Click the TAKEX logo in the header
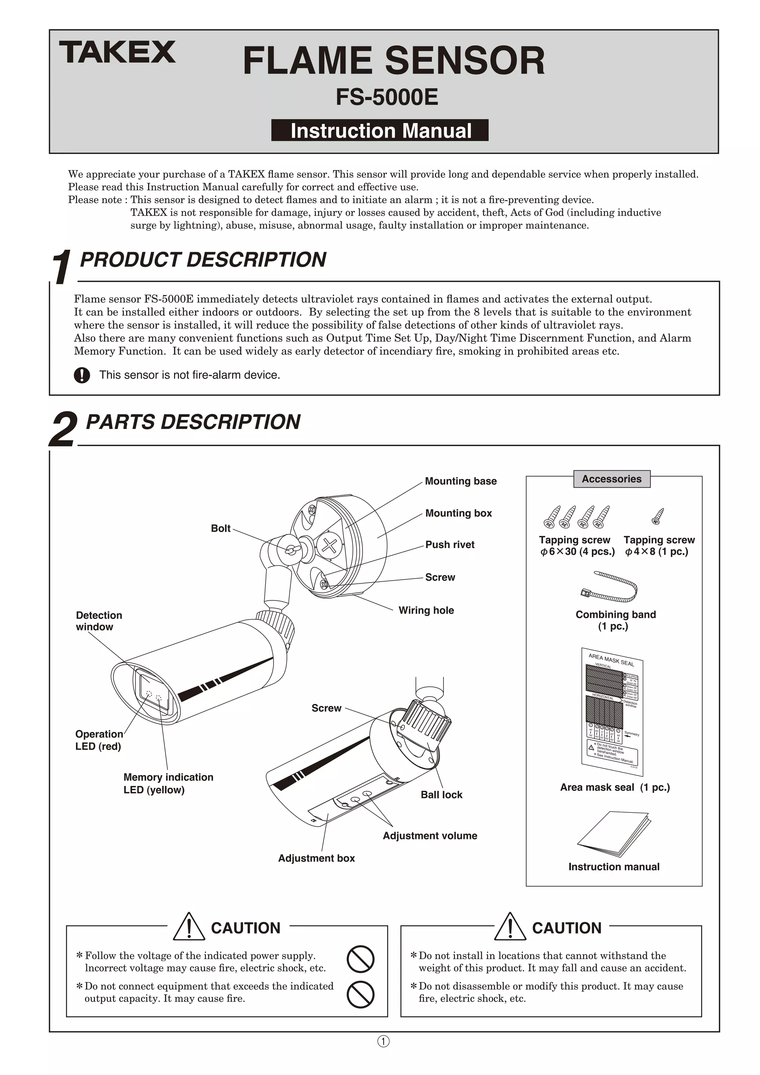[117, 52]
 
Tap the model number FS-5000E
[387, 97]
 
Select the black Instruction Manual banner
[380, 131]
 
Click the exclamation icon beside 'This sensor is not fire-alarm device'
[82, 375]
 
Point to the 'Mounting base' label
[460, 481]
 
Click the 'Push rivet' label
[449, 544]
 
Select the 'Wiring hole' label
[426, 610]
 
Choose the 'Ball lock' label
[441, 794]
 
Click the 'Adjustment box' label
[316, 858]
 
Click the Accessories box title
[612, 479]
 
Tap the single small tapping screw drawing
[658, 516]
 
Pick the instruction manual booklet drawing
[614, 834]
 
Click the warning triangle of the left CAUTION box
[189, 927]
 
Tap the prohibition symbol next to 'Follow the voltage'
[360, 959]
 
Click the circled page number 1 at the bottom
[383, 1041]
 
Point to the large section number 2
[62, 429]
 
